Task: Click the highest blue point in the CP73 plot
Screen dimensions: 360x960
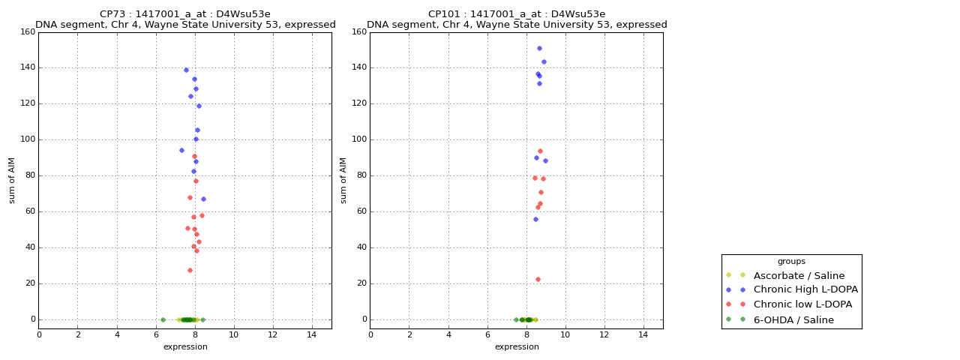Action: point(186,70)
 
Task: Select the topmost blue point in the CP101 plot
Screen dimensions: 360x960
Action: point(539,49)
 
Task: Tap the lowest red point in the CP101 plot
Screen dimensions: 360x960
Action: point(538,280)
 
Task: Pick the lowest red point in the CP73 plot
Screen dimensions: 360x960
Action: point(190,270)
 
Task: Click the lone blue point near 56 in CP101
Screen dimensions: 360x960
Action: point(535,219)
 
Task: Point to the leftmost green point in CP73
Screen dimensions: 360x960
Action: point(163,319)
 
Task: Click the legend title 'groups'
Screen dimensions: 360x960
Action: point(791,262)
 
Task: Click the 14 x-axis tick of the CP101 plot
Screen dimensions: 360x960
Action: point(643,334)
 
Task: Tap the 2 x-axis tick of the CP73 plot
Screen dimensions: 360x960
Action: point(78,334)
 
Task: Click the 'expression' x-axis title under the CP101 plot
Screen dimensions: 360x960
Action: point(517,347)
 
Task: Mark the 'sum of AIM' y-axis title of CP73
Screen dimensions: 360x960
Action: point(12,180)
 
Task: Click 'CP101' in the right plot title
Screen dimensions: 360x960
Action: point(442,14)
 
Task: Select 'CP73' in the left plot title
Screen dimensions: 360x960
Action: point(114,14)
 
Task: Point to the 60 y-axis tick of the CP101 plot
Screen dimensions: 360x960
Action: point(361,211)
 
